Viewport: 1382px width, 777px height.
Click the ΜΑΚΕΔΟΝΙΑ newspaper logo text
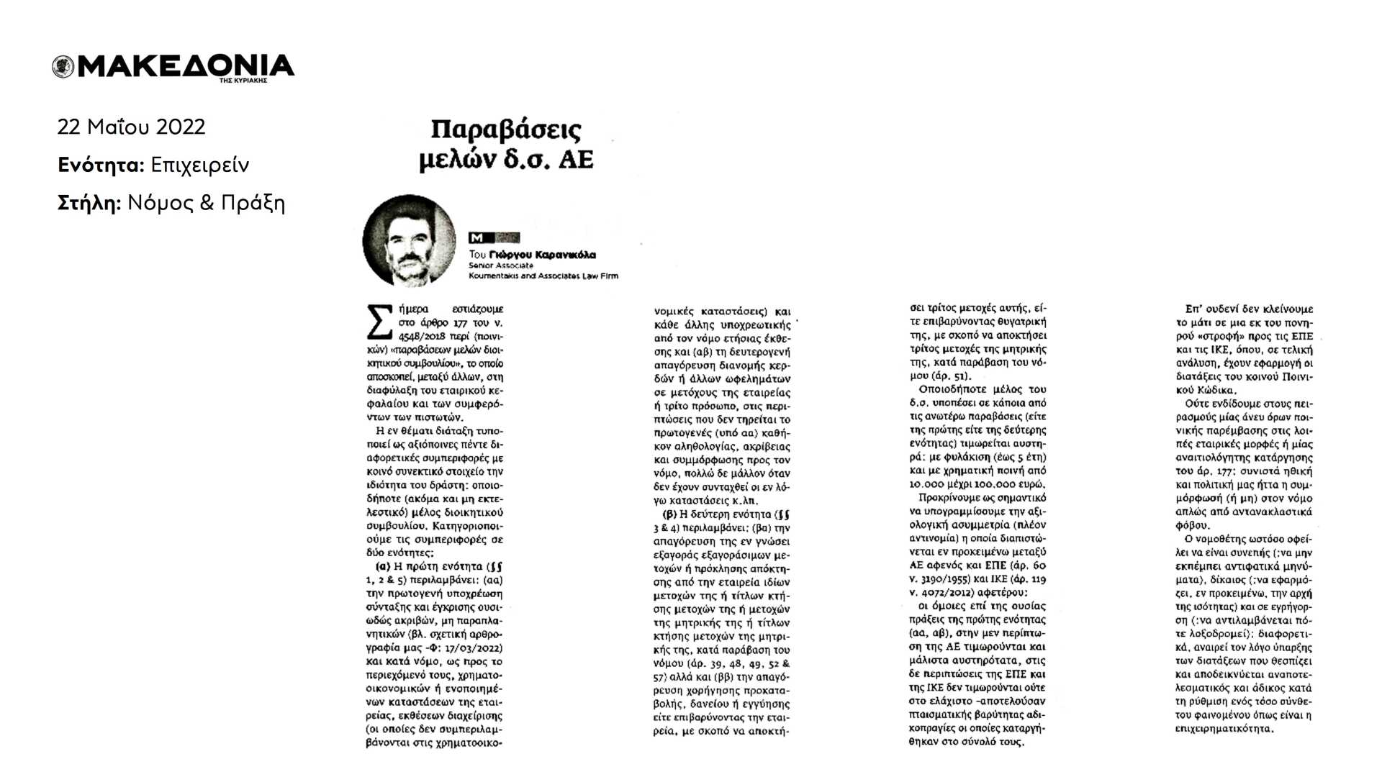186,66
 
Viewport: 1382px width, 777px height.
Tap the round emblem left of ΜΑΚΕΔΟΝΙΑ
63,67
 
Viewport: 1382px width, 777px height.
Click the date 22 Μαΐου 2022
131,127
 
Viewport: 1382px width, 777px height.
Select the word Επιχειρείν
200,165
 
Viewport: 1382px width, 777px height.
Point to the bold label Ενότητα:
101,165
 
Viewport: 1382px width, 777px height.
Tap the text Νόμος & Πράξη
207,204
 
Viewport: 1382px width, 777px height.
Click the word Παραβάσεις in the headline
506,130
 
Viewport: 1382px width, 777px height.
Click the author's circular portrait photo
409,240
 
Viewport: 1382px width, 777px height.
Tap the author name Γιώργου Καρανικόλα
542,255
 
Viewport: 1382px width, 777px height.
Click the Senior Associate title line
501,265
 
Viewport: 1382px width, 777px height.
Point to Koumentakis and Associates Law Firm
543,276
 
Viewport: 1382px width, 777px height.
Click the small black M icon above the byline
477,237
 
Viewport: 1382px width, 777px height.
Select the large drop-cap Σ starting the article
380,322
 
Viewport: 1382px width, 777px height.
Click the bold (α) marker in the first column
384,566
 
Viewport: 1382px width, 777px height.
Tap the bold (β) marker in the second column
669,514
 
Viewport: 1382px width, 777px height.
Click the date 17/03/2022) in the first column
474,647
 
